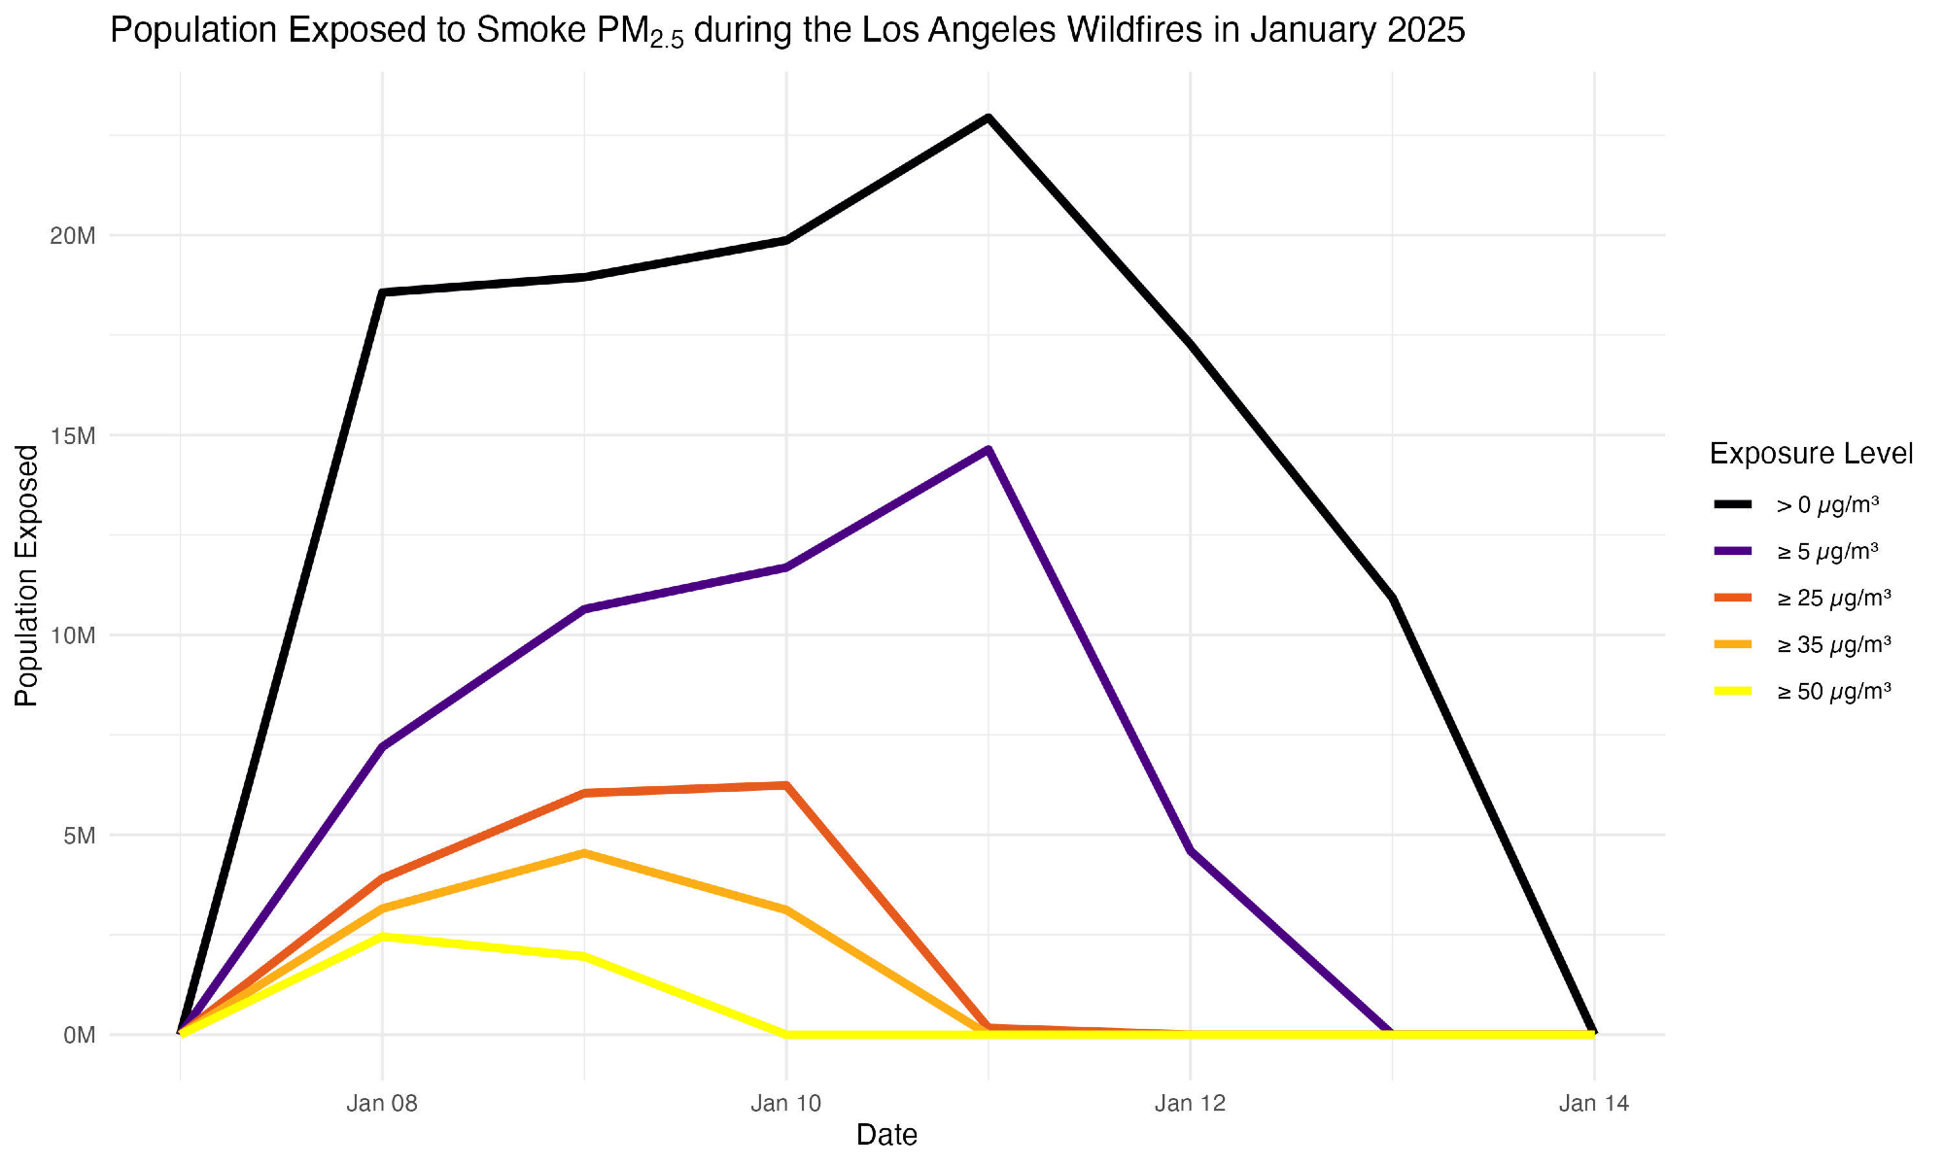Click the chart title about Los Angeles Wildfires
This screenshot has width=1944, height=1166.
787,31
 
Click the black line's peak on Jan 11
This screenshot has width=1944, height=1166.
988,118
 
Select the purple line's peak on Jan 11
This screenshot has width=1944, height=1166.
988,450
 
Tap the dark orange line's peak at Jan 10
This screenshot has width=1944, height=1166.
785,785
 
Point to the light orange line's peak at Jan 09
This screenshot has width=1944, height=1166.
583,853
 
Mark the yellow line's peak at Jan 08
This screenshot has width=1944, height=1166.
382,937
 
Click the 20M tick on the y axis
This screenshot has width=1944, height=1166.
73,236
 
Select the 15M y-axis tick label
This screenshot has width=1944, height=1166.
73,436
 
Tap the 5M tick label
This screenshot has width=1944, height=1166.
79,836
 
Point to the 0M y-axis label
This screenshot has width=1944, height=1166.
79,1036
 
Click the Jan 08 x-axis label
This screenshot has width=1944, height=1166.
382,1104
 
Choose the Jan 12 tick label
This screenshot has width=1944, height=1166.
1190,1104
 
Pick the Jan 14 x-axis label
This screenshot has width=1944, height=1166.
1593,1104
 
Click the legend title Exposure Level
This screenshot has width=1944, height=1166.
1811,454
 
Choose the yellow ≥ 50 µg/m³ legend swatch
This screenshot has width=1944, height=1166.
1733,692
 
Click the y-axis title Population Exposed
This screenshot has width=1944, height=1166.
27,575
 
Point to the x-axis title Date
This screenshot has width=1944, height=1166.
886,1135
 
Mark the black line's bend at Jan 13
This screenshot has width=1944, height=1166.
1392,599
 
